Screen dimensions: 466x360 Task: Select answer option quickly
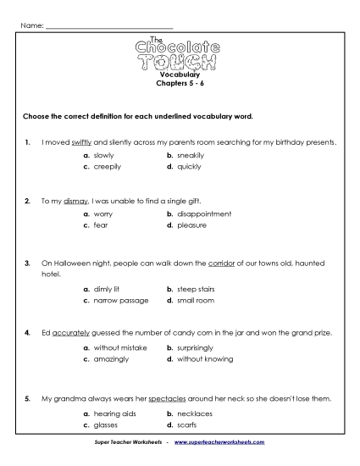[187, 167]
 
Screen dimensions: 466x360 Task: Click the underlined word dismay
[75, 202]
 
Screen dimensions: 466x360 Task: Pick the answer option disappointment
[204, 214]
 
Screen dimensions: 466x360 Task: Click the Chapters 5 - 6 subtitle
[180, 85]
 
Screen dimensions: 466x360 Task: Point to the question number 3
[28, 264]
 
